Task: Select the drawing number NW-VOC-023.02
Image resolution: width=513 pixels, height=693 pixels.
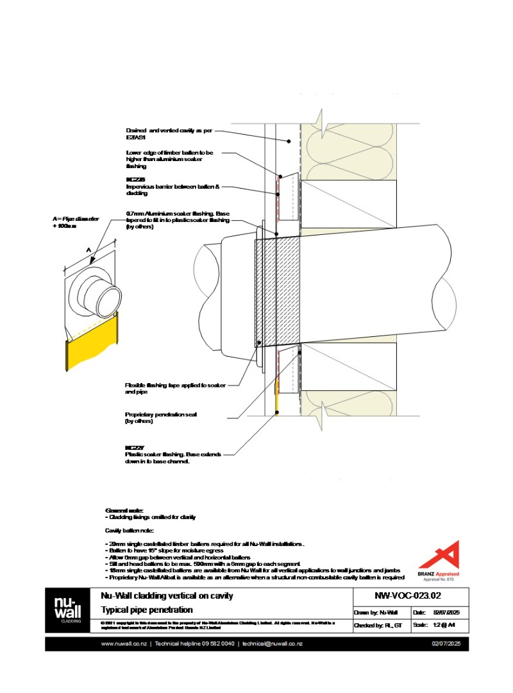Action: point(407,596)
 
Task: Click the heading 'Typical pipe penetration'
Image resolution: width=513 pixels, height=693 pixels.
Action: point(147,610)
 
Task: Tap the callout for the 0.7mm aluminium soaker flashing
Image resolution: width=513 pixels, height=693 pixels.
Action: point(177,220)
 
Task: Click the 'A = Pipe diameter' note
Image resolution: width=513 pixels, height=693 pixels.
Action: point(76,223)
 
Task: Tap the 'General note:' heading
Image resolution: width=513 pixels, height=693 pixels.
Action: point(120,510)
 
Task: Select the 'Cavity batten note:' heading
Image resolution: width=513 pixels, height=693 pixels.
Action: point(128,531)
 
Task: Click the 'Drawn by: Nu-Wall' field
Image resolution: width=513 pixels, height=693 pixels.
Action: point(379,612)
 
